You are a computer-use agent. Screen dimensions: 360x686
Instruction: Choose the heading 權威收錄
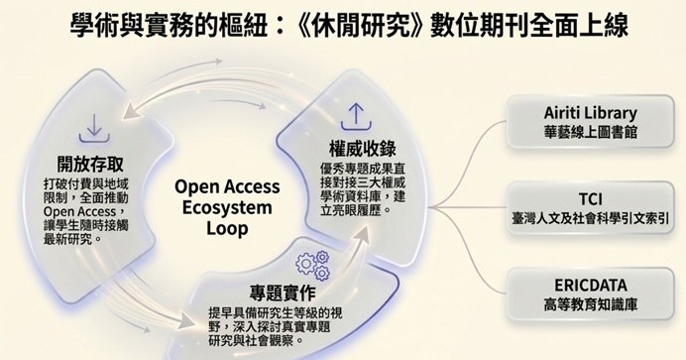click(x=359, y=149)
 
